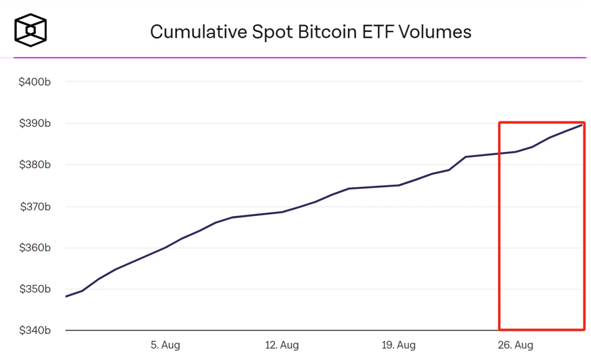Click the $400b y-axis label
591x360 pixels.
pos(35,82)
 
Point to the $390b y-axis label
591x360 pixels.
pos(35,124)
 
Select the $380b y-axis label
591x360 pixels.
pos(35,165)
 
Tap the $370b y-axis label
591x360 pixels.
pos(35,206)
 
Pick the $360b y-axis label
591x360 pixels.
pos(35,248)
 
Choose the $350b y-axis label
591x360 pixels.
pos(35,290)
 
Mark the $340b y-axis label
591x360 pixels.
pos(35,331)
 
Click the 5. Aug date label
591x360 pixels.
pos(165,345)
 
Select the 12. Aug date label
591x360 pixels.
pos(282,345)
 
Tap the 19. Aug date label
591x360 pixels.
pos(398,345)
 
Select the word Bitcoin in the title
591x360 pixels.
pos(327,32)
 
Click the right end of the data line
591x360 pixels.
pos(581,125)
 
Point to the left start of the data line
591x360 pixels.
pos(66,297)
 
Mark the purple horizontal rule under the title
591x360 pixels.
pos(299,57)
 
